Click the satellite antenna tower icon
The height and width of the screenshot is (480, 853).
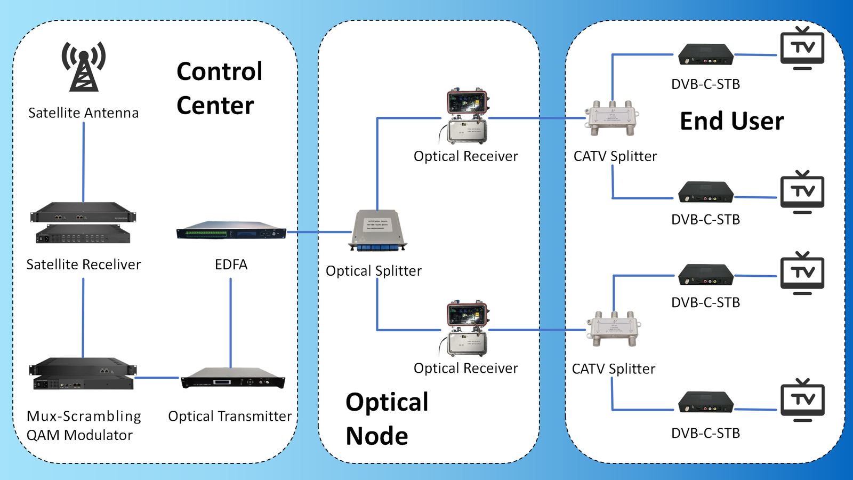click(x=84, y=67)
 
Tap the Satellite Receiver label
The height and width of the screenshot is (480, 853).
click(x=84, y=265)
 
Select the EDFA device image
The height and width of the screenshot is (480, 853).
click(x=231, y=231)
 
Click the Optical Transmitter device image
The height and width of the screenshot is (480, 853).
click(x=232, y=378)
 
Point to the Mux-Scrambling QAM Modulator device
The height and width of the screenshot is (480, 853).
click(x=83, y=374)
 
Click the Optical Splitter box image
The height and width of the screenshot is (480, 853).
click(x=377, y=230)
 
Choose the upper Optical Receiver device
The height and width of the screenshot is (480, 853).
click(x=467, y=117)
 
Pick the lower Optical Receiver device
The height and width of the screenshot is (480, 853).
click(x=467, y=329)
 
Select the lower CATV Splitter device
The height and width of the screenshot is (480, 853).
click(x=614, y=329)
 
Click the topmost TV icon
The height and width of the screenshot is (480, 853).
click(x=802, y=48)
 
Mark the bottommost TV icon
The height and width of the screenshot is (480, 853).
click(x=802, y=400)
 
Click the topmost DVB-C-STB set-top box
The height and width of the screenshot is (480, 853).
click(x=706, y=54)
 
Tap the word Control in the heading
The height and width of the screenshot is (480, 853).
click(x=220, y=71)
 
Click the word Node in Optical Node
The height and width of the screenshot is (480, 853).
click(x=377, y=436)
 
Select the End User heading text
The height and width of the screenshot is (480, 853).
click(x=732, y=121)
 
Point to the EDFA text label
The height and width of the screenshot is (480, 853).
click(x=231, y=265)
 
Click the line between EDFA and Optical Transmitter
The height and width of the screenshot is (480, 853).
click(x=230, y=323)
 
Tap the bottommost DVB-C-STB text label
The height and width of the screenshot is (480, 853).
click(x=705, y=433)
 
